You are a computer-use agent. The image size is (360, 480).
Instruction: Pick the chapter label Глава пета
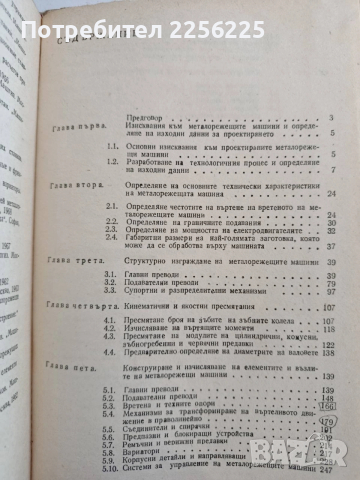96,380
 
